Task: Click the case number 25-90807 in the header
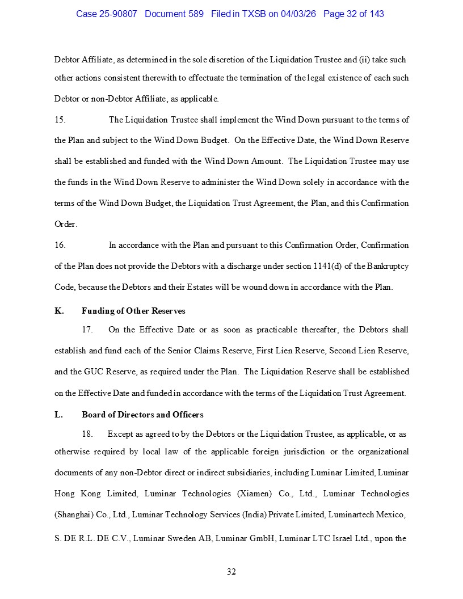118,14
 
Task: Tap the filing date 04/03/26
299,14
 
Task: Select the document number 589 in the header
196,14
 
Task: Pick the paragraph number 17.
87,330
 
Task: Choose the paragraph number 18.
87,435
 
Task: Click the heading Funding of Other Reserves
133,311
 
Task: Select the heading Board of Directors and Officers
142,415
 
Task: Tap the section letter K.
59,311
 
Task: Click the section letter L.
58,415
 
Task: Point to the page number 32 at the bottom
231,572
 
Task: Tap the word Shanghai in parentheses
74,515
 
